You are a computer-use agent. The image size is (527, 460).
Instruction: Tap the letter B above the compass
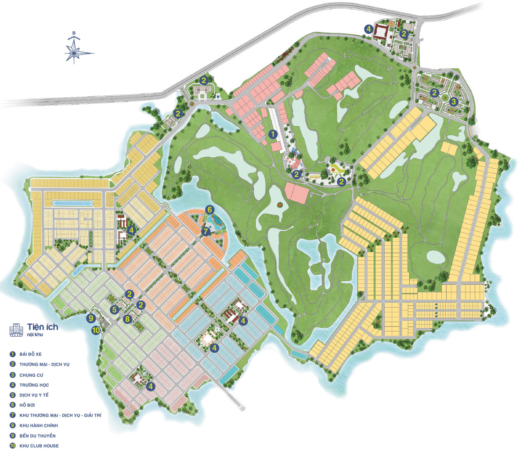coord(74,33)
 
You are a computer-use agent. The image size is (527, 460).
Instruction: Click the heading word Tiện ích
coord(43,326)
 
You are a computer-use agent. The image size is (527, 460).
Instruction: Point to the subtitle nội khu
coord(35,335)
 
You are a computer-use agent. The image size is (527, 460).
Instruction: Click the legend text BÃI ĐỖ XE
coord(30,354)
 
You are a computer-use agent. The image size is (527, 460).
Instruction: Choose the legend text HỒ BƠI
coord(27,405)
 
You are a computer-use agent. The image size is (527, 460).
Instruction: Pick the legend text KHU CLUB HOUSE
coord(39,446)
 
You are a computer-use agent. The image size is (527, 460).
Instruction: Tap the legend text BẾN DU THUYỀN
coord(37,436)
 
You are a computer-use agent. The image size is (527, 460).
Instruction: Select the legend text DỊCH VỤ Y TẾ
coord(34,395)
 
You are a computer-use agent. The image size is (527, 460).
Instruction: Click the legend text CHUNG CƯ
coord(31,375)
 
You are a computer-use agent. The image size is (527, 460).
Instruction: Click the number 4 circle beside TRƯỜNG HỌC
coord(12,385)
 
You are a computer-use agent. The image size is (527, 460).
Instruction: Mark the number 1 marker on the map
coord(273,134)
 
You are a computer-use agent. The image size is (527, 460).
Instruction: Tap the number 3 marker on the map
coord(454,101)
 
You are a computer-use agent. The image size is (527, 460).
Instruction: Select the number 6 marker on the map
coord(210,210)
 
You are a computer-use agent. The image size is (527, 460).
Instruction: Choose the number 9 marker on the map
coord(91,318)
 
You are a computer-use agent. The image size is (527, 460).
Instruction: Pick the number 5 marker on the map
coord(115,310)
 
